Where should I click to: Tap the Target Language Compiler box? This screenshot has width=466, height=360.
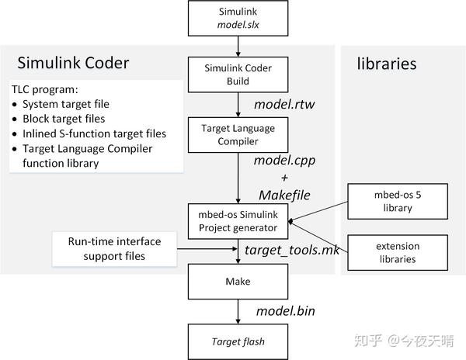237,133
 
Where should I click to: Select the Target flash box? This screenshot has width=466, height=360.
237,341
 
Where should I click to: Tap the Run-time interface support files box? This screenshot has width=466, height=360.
116,249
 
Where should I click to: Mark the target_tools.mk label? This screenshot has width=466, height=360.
287,251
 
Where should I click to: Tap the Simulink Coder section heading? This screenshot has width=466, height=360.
74,63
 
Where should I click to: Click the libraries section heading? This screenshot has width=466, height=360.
387,63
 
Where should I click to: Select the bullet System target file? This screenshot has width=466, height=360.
66,104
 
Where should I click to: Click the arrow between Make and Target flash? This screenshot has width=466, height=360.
237,312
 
